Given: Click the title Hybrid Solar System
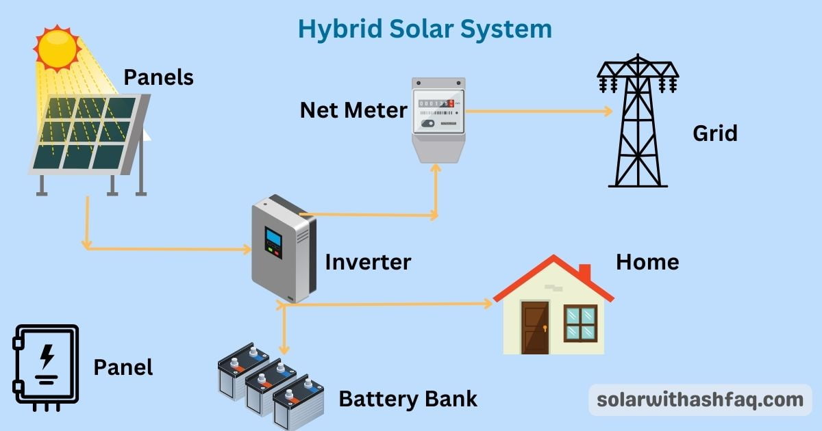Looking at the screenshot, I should [x=424, y=29].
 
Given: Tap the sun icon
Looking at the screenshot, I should [x=58, y=48].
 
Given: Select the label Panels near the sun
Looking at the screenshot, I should [x=158, y=77].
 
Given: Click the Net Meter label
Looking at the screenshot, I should [x=353, y=109].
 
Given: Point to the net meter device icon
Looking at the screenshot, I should [x=438, y=116].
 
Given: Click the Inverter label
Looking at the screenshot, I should [x=368, y=261].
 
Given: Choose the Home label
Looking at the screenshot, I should [x=647, y=261].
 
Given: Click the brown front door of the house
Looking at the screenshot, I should [x=535, y=328].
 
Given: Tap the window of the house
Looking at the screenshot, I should [x=580, y=323].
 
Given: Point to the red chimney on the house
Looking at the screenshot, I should [x=584, y=272].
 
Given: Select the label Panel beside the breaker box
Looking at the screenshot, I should [x=123, y=367].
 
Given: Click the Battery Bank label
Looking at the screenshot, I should [x=408, y=398].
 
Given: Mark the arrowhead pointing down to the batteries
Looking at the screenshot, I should [x=282, y=350].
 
